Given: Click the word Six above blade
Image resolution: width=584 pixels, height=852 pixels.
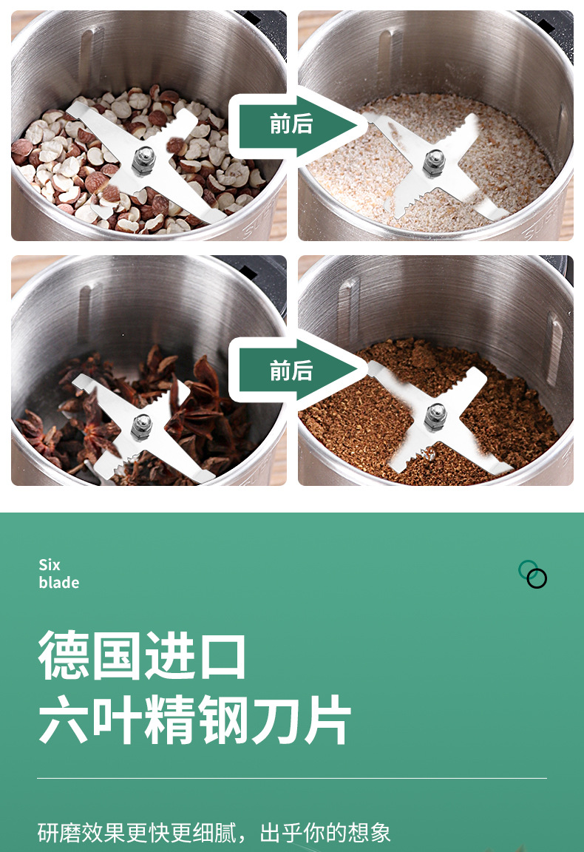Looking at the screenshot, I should click(50, 566).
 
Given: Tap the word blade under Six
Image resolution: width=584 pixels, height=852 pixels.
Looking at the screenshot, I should click(58, 583).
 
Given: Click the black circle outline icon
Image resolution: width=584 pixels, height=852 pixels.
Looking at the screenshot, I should click(537, 579).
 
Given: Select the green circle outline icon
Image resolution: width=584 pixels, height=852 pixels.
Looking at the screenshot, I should click(528, 569).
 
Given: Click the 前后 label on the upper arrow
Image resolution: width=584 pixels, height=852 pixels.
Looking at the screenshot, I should click(291, 124).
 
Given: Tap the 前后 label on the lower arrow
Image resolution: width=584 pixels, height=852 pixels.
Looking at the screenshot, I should click(291, 371).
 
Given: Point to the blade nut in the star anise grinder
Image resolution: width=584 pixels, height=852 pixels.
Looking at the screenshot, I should click(140, 425).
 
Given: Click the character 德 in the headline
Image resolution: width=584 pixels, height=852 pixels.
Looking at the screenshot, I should click(64, 656).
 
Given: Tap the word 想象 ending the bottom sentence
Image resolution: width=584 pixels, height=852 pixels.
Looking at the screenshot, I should click(369, 833).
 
